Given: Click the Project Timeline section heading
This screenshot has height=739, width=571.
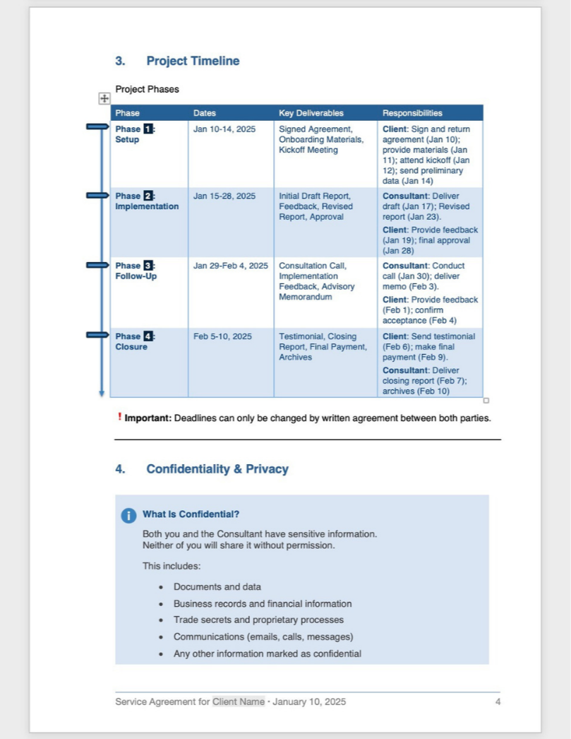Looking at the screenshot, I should (192, 61).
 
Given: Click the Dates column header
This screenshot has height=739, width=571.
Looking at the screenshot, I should (205, 113).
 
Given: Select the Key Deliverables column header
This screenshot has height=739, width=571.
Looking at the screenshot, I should (311, 113).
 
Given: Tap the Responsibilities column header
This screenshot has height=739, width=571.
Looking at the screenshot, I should (412, 113).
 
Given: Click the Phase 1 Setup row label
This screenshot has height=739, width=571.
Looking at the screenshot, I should (135, 134).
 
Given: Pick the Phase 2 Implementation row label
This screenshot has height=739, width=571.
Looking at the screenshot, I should (146, 201).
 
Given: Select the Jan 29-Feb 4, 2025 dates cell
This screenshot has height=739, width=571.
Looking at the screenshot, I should (230, 266).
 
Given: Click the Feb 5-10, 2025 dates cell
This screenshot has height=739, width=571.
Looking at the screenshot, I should (222, 336).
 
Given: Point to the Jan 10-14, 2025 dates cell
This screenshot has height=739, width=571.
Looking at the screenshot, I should (224, 129).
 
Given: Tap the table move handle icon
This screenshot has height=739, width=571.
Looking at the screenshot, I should (104, 100).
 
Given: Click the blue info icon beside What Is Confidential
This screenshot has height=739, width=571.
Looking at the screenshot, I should (128, 516).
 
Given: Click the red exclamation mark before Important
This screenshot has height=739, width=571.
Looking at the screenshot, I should (119, 417).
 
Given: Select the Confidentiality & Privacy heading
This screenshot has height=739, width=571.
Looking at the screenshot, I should (217, 469).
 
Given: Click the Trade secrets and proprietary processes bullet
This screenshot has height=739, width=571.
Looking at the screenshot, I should (258, 620).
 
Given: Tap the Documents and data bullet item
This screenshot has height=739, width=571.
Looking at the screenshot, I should (217, 587).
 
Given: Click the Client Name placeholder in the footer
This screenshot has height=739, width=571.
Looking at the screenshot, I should (239, 702).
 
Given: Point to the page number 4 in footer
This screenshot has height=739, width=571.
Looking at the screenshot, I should (498, 702).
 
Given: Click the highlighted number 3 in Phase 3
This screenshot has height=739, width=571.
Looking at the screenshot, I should (148, 266).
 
